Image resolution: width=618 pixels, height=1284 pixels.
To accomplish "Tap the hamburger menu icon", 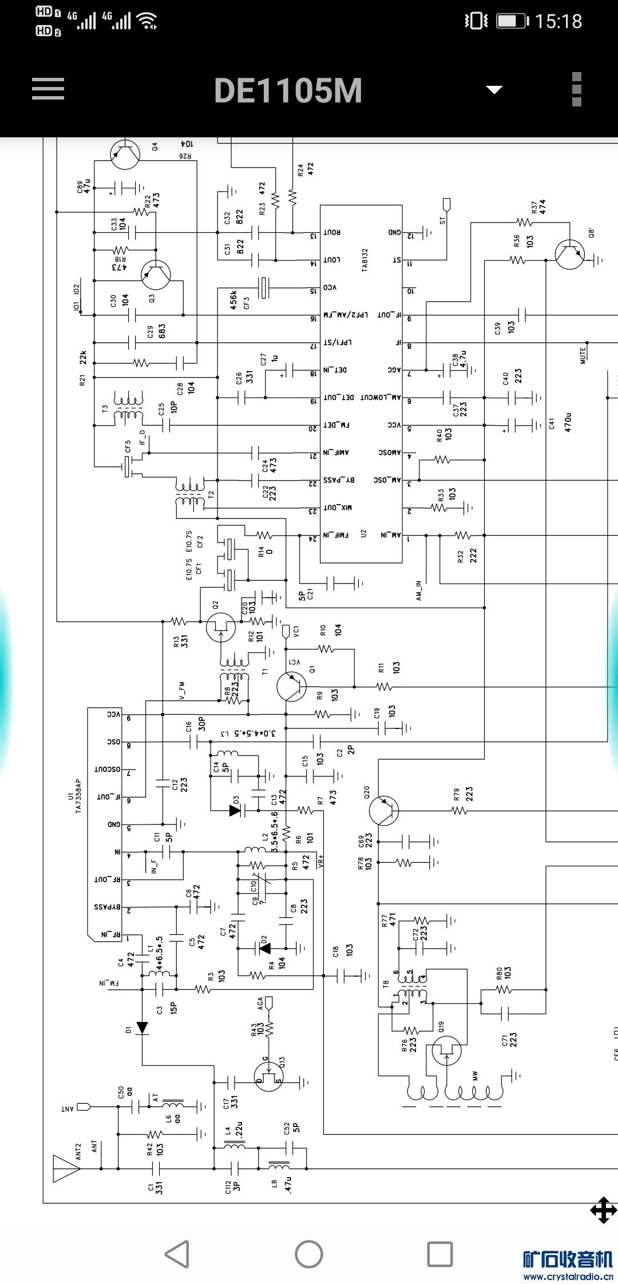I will click(48, 89).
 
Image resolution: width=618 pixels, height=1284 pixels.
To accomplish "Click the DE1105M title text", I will click(288, 90).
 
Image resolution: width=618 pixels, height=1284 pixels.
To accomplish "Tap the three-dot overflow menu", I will click(576, 89).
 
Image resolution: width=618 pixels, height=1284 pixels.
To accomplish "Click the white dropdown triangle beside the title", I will click(494, 90).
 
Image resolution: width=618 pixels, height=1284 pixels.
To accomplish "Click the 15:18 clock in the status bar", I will click(558, 22).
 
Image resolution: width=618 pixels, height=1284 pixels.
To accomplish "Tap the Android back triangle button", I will click(177, 1254).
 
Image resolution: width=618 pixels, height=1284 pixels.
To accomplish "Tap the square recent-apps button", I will click(440, 1254).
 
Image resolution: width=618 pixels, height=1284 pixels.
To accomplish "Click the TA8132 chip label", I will click(365, 260).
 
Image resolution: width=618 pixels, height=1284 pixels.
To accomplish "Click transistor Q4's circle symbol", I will click(125, 153).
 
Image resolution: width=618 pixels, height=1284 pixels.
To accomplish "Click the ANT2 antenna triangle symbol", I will click(66, 1168).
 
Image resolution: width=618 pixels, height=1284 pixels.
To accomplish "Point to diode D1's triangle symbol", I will click(142, 1028).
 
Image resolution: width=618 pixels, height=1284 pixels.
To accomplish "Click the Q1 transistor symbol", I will click(291, 686).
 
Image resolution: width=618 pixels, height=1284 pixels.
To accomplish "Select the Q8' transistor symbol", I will click(570, 255).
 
